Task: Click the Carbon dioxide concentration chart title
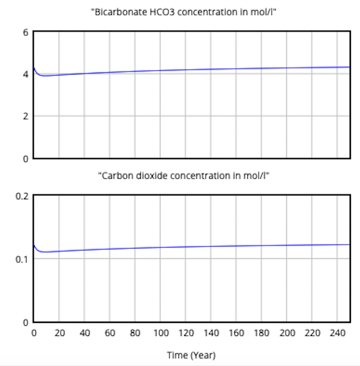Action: click(184, 175)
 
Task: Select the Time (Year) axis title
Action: click(191, 355)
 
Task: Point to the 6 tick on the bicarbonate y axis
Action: click(26, 32)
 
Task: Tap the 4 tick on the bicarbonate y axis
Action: click(26, 74)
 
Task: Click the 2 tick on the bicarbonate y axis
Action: click(26, 116)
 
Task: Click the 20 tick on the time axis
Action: click(59, 333)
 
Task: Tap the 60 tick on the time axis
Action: click(110, 333)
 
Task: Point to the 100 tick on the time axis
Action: click(160, 333)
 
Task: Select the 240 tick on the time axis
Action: click(337, 333)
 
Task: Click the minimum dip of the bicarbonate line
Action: click(44, 75)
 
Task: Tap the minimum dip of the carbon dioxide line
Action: click(44, 252)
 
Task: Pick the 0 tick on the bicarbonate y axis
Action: click(26, 159)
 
